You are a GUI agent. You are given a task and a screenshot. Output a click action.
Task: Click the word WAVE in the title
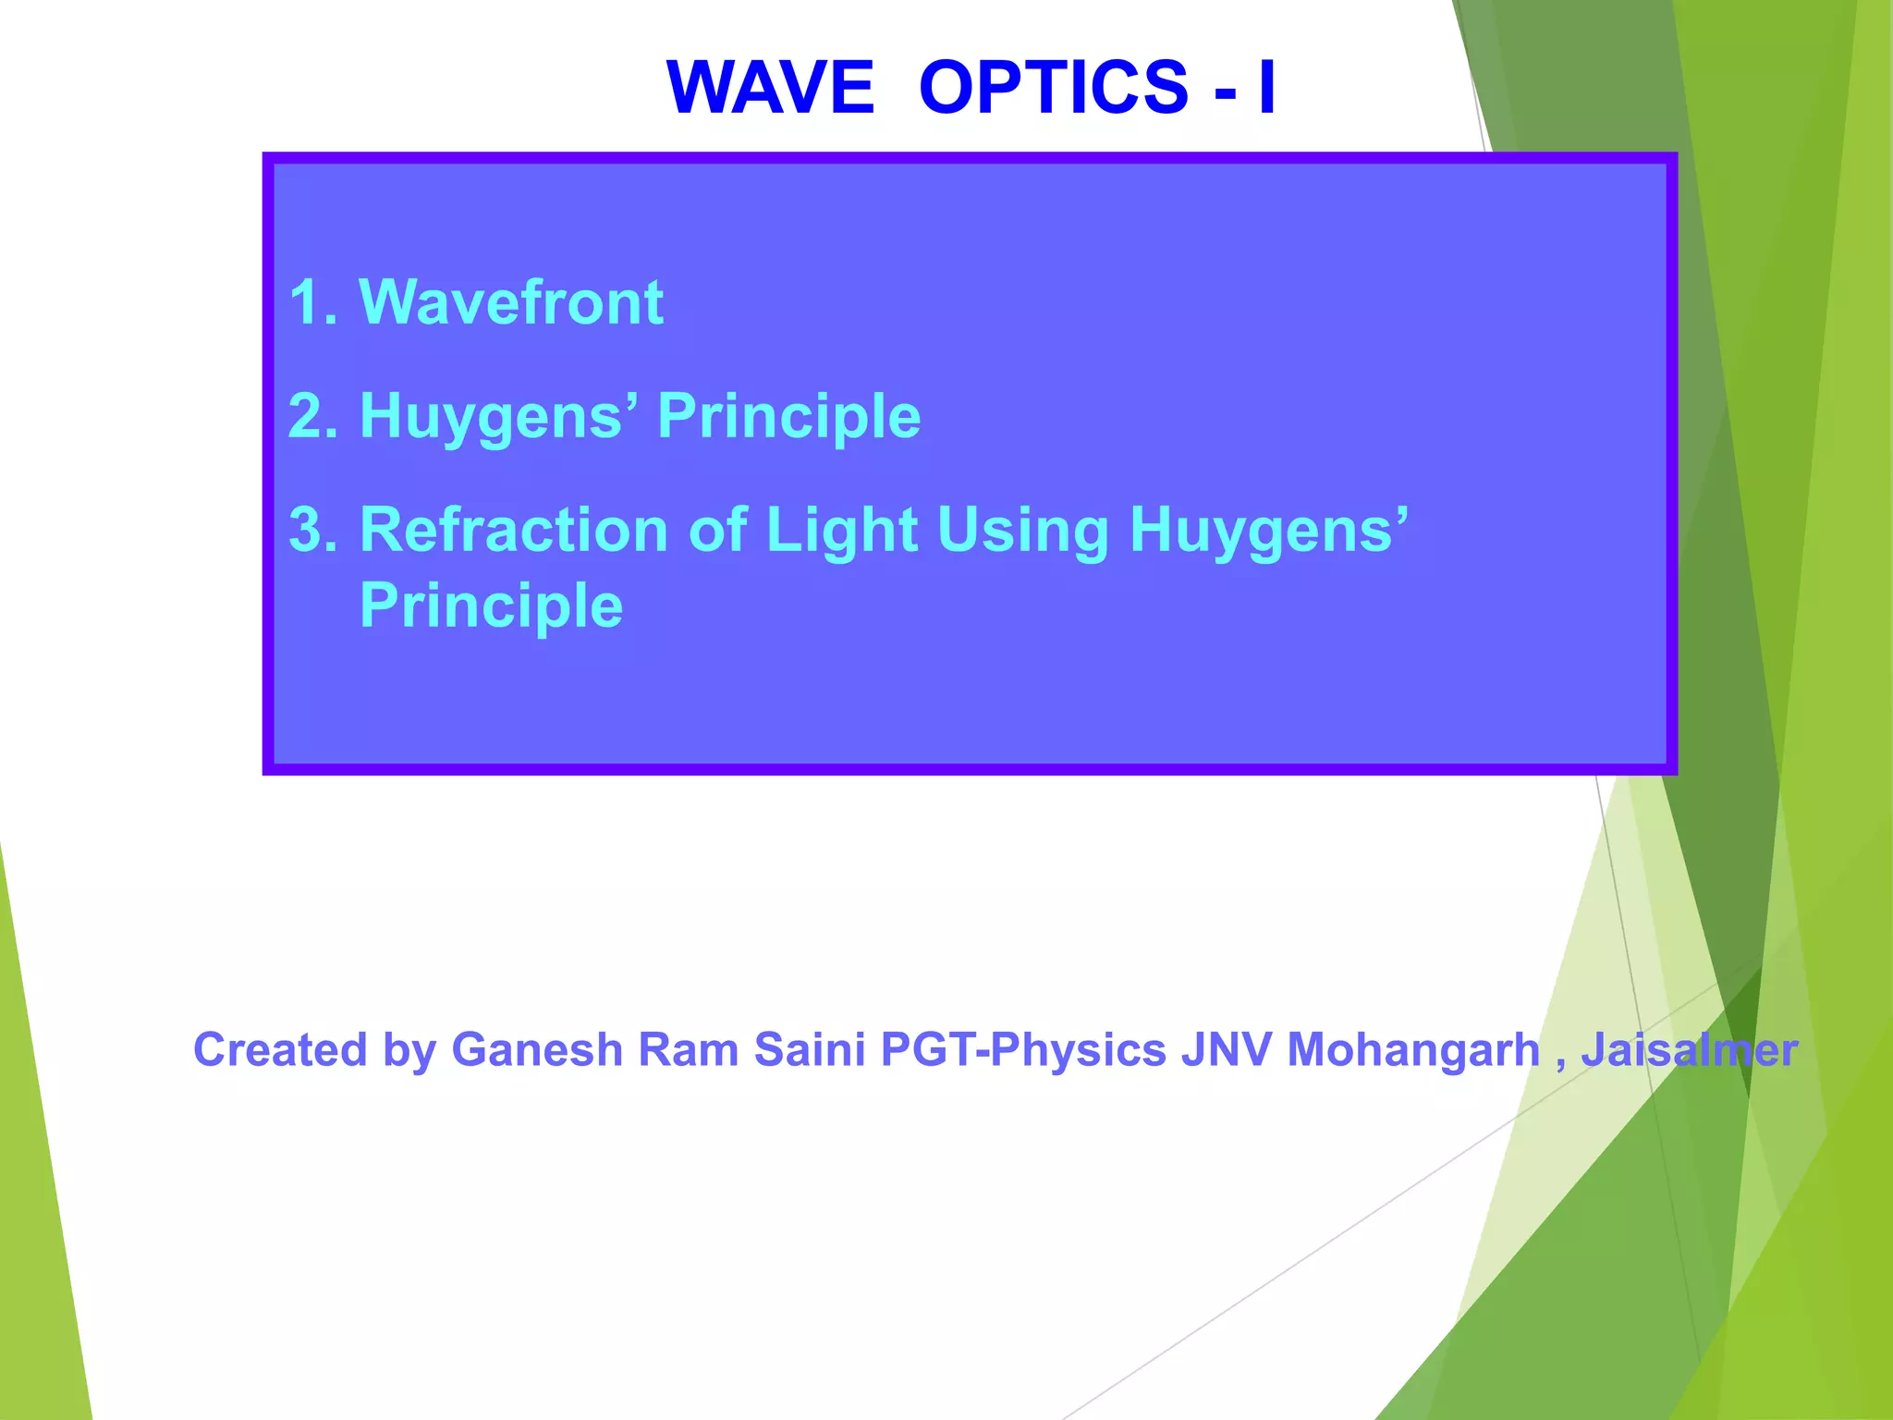coord(770,87)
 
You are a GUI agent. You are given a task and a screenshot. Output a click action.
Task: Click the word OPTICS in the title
coord(1054,87)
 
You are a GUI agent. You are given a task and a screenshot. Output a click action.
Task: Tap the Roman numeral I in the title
coord(1266,87)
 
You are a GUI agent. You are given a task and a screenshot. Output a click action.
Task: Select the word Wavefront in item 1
coord(510,302)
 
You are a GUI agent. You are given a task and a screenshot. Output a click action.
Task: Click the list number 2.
coord(311,416)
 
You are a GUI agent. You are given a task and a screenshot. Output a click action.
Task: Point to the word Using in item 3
coord(1022,532)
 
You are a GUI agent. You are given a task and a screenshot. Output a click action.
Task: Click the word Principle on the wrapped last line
coord(491,606)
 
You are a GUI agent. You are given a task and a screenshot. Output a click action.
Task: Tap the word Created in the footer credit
coord(280,1050)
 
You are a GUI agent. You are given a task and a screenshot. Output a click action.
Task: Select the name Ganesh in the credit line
coord(537,1050)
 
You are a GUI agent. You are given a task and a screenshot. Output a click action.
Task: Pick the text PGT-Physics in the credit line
coord(1023,1050)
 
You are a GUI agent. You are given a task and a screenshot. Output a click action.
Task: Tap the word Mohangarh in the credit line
coord(1413,1050)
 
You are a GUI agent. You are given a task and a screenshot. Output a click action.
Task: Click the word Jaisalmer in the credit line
coord(1690,1050)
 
